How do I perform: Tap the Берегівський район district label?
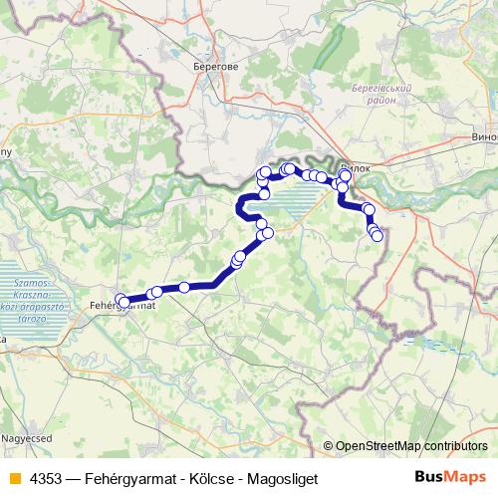pos(381,96)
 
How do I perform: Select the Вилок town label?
pos(356,168)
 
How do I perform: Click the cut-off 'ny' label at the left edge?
pos(5,152)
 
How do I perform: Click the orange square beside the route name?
pos(13,478)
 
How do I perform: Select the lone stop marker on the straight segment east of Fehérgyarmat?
pos(184,288)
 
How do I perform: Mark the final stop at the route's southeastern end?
pos(376,236)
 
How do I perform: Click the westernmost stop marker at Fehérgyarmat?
pos(120,299)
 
